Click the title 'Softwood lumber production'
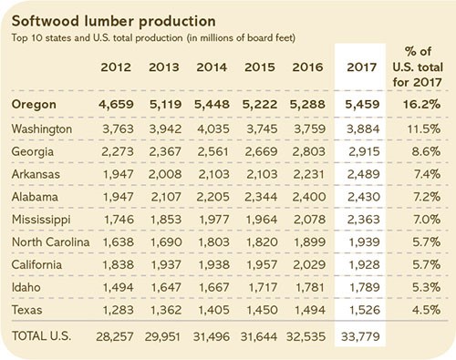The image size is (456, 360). (101, 17)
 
